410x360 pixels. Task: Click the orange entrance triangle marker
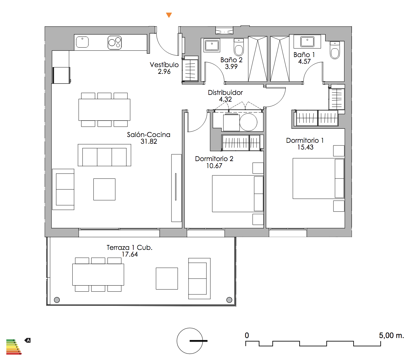pos(169,15)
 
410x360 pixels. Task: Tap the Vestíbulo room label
pos(164,65)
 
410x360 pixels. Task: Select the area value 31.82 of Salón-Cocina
pos(149,141)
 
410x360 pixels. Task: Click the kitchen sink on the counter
pos(82,42)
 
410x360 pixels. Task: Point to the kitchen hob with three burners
pos(114,42)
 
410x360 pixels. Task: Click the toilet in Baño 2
pos(239,47)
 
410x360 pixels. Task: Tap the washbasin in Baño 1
pos(307,41)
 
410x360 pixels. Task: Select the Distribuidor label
pos(225,92)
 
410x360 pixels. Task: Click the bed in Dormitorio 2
pos(238,194)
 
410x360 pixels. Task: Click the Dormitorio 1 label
pos(305,140)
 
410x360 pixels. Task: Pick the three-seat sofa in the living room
pos(104,155)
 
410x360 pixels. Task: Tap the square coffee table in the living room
pos(104,189)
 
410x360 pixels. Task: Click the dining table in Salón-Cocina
pos(104,110)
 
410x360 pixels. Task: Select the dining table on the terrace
pos(98,275)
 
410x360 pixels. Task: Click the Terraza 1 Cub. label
pos(129,247)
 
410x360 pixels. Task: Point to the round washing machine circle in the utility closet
pos(248,122)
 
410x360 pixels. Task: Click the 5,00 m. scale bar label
pos(391,336)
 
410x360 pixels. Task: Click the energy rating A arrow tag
pos(27,340)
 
